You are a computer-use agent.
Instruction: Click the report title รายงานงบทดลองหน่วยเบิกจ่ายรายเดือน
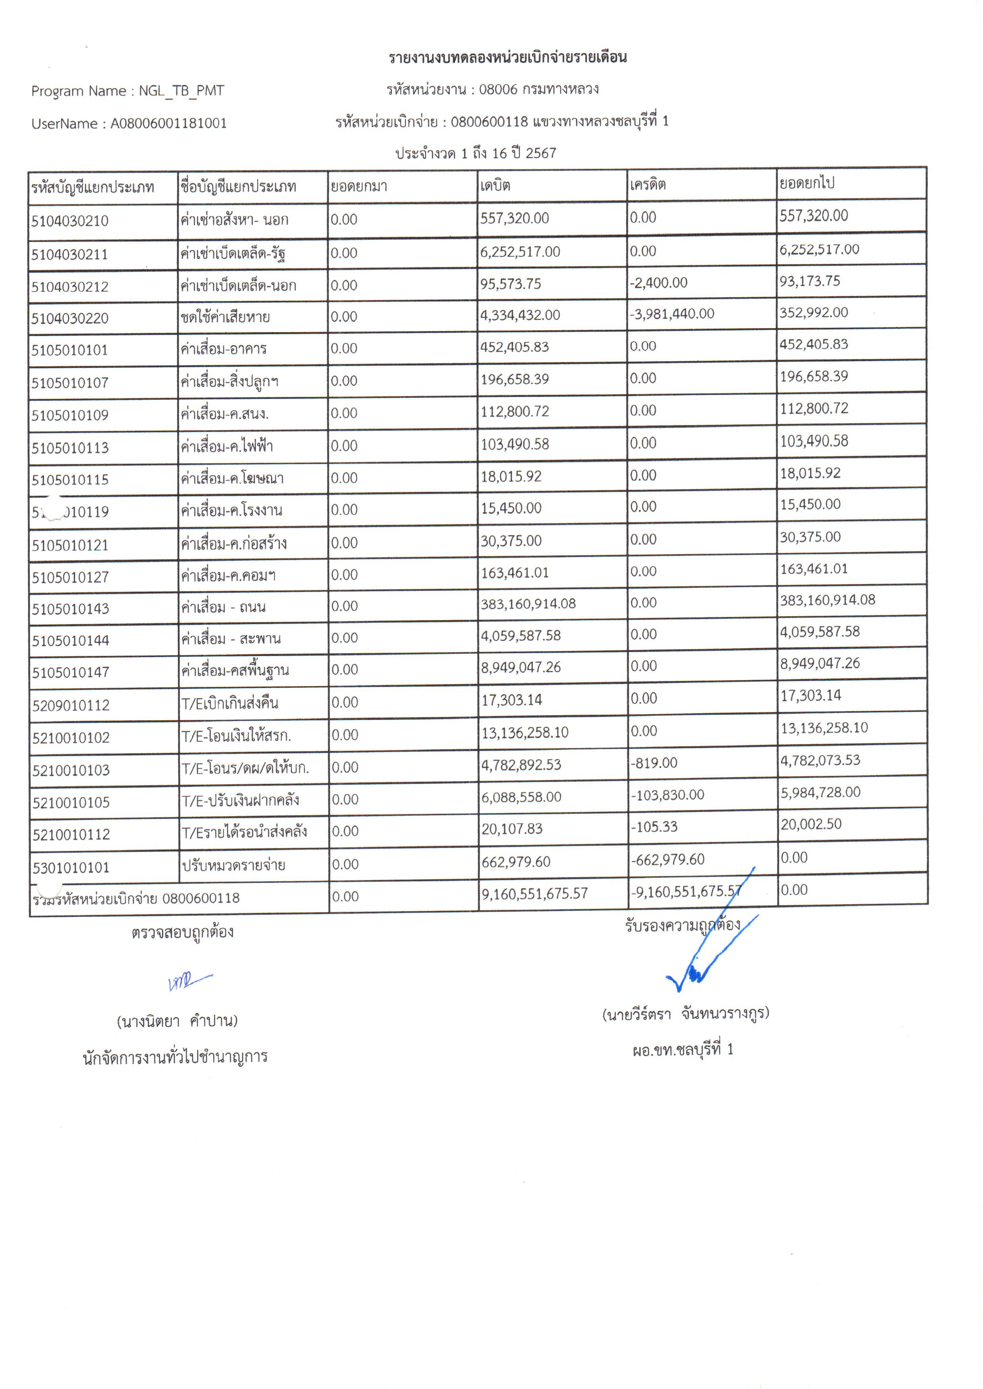pyautogui.click(x=507, y=58)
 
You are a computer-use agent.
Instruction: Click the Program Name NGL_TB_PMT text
pyautogui.click(x=128, y=91)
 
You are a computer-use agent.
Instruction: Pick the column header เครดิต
pyautogui.click(x=647, y=184)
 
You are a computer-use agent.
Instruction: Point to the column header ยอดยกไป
pyautogui.click(x=806, y=183)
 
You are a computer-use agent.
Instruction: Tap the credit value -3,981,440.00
pyautogui.click(x=672, y=314)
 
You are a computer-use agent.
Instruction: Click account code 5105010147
pyautogui.click(x=71, y=672)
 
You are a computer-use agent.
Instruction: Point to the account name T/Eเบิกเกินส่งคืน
pyautogui.click(x=230, y=703)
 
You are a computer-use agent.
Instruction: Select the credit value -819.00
pyautogui.click(x=654, y=763)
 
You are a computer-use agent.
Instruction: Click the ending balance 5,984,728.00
pyautogui.click(x=820, y=792)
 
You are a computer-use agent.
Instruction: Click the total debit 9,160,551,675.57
pyautogui.click(x=535, y=893)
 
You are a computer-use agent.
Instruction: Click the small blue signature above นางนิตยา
pyautogui.click(x=189, y=981)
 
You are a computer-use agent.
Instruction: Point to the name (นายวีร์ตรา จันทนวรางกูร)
pyautogui.click(x=685, y=1014)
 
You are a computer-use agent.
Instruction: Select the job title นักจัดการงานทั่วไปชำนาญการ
pyautogui.click(x=175, y=1057)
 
